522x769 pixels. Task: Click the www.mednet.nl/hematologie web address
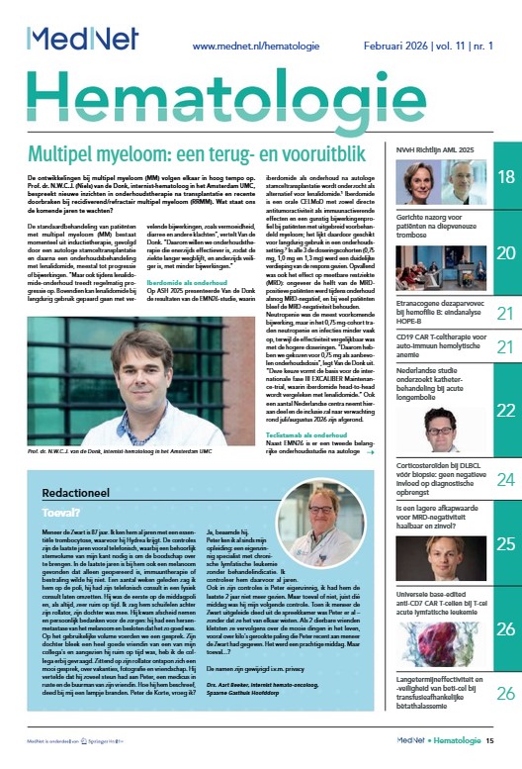pyautogui.click(x=256, y=46)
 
